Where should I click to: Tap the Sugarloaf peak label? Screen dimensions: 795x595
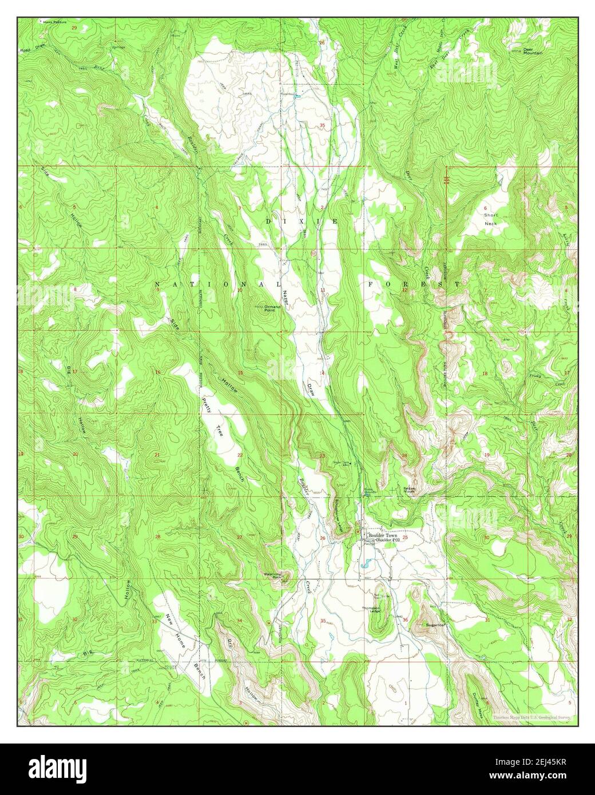click(x=435, y=625)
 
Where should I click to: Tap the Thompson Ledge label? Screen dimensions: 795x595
click(x=375, y=610)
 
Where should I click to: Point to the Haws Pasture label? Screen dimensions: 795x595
click(x=50, y=22)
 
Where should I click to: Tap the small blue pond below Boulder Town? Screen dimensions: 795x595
click(x=364, y=566)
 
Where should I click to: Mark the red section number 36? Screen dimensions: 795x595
click(x=405, y=621)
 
